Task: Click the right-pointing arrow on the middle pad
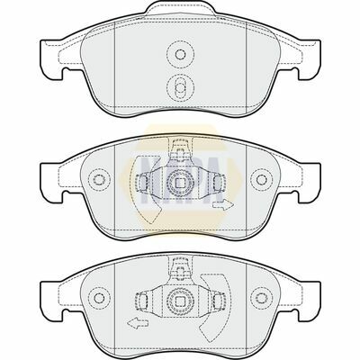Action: [x=220, y=207]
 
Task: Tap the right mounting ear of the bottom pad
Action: [x=307, y=290]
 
